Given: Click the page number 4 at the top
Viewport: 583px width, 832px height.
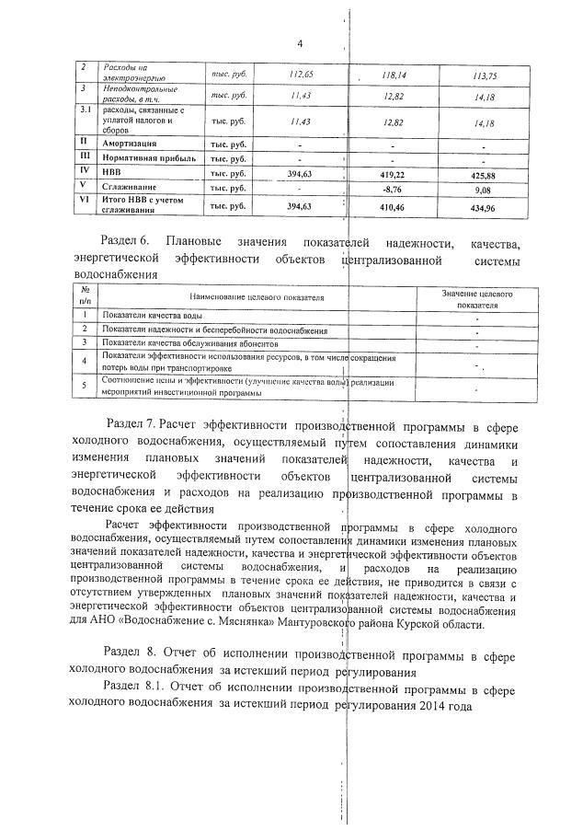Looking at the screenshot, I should [300, 43].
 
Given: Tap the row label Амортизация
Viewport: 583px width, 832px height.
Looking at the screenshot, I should [130, 144].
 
